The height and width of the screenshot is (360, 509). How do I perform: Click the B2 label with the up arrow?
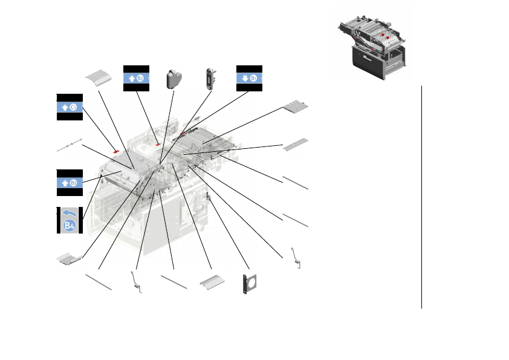(x=136, y=78)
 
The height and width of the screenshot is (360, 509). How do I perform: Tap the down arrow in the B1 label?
(x=245, y=78)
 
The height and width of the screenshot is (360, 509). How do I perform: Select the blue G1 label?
(x=70, y=108)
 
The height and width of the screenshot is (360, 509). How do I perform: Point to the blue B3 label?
(x=70, y=183)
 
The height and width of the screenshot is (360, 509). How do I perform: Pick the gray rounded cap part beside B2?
(x=174, y=78)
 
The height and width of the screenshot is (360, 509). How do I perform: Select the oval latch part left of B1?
(x=212, y=78)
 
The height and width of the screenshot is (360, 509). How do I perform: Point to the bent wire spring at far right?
(x=296, y=258)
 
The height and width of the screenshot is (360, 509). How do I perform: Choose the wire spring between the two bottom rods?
(x=137, y=282)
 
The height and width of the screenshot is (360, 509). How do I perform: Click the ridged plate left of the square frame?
(x=212, y=282)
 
